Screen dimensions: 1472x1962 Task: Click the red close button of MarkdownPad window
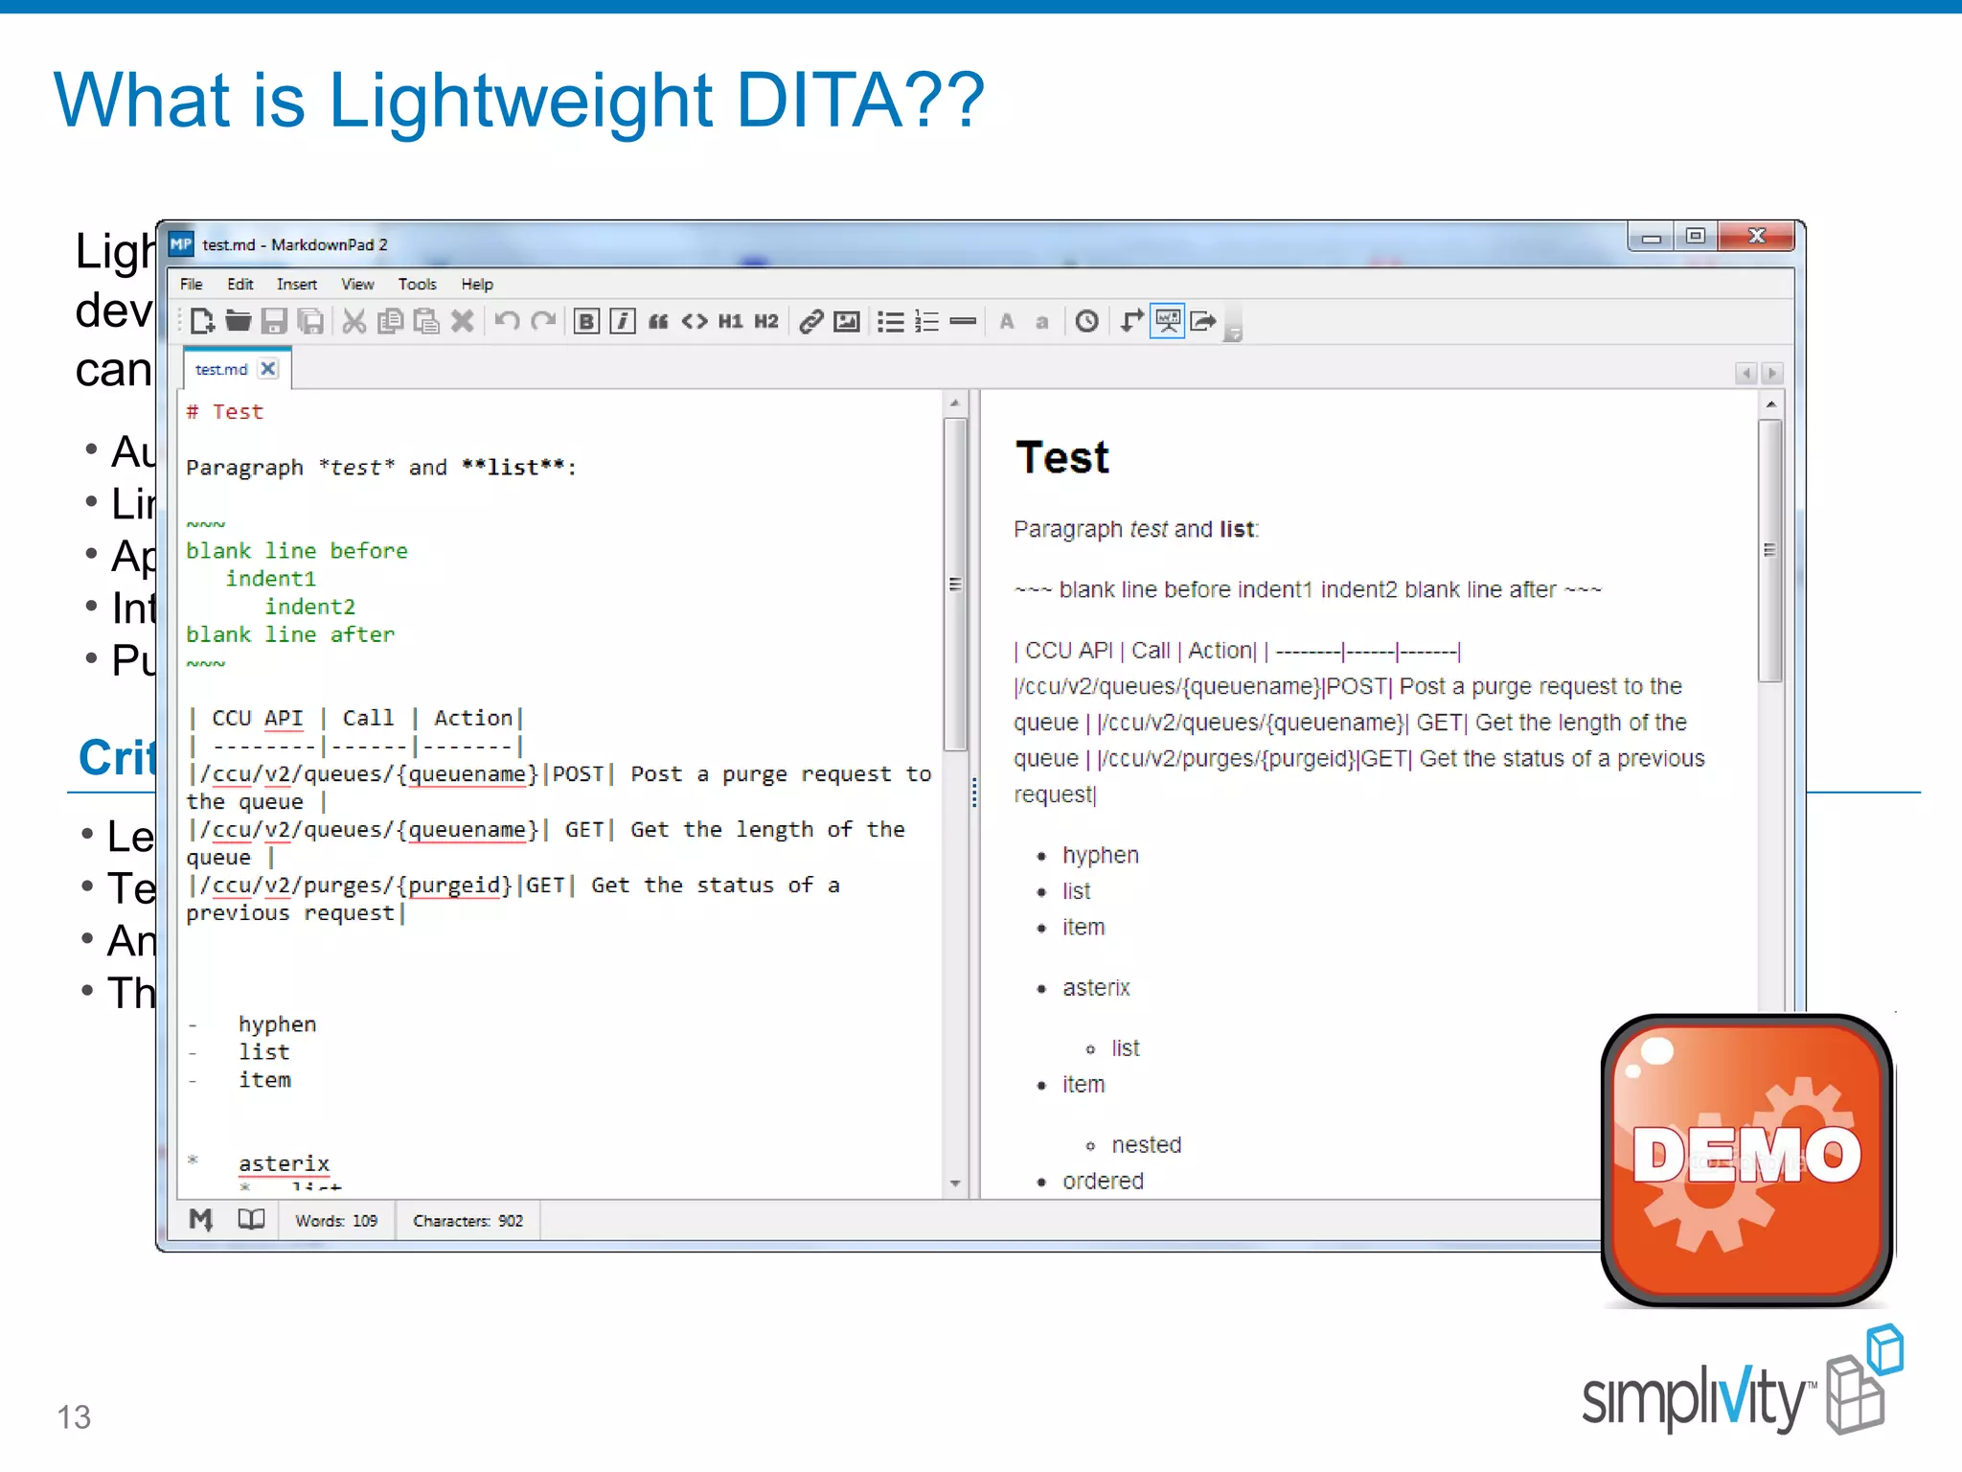(1755, 236)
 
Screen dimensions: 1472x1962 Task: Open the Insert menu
(296, 285)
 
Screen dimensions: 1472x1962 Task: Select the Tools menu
(417, 285)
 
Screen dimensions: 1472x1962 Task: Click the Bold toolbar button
(586, 322)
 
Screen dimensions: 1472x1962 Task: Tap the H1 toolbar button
(730, 322)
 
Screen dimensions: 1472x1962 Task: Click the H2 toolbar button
(765, 322)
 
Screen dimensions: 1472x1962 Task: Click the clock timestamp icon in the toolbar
(1086, 322)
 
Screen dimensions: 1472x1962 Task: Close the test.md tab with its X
(269, 369)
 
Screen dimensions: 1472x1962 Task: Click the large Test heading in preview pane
(1061, 457)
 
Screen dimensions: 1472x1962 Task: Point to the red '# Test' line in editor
(225, 412)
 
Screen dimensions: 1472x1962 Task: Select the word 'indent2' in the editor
(309, 607)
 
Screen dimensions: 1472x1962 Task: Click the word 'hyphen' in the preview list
(1100, 855)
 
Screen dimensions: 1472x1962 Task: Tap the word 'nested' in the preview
(1146, 1144)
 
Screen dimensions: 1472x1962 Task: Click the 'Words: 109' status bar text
(336, 1221)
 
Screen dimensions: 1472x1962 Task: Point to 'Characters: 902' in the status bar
(468, 1221)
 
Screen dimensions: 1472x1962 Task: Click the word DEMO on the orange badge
(1745, 1155)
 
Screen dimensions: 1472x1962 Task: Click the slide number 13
(74, 1416)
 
